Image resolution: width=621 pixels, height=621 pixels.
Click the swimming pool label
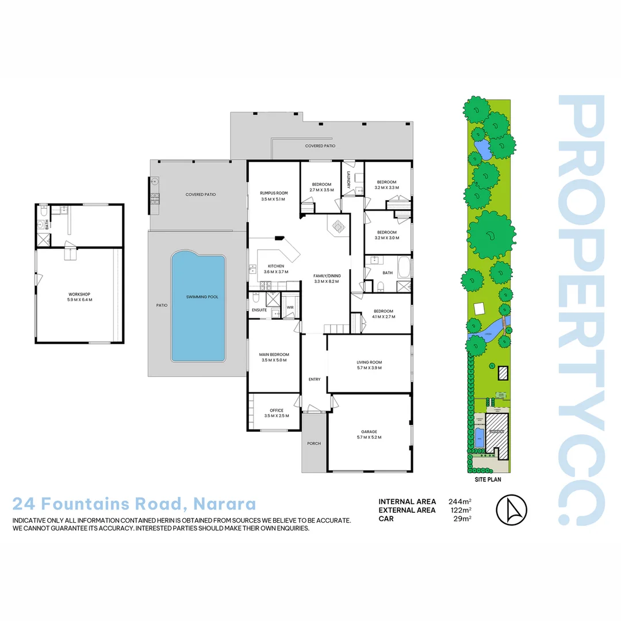tap(198, 297)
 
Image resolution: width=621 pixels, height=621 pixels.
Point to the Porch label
tap(314, 443)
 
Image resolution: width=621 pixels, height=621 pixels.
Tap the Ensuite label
tap(259, 310)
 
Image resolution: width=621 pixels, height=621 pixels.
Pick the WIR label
tap(290, 307)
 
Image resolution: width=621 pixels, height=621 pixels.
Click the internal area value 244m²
tap(460, 501)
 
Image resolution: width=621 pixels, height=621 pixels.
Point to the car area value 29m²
tap(462, 519)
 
